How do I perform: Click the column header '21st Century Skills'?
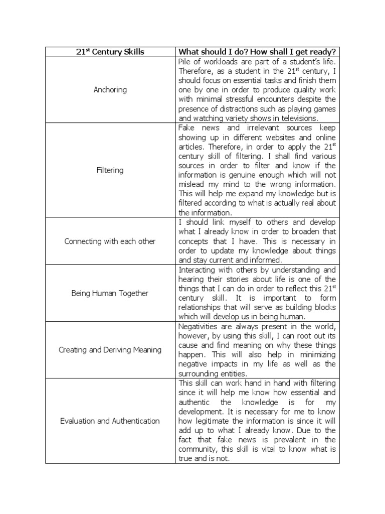109,52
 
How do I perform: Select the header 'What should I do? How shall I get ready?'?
257,52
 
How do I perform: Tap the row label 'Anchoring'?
110,90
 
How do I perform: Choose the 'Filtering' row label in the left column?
110,170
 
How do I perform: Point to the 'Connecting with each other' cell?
110,241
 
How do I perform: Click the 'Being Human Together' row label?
110,293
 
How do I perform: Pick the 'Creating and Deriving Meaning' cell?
110,349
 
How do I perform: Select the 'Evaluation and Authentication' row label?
110,421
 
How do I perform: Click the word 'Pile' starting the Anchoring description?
186,61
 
